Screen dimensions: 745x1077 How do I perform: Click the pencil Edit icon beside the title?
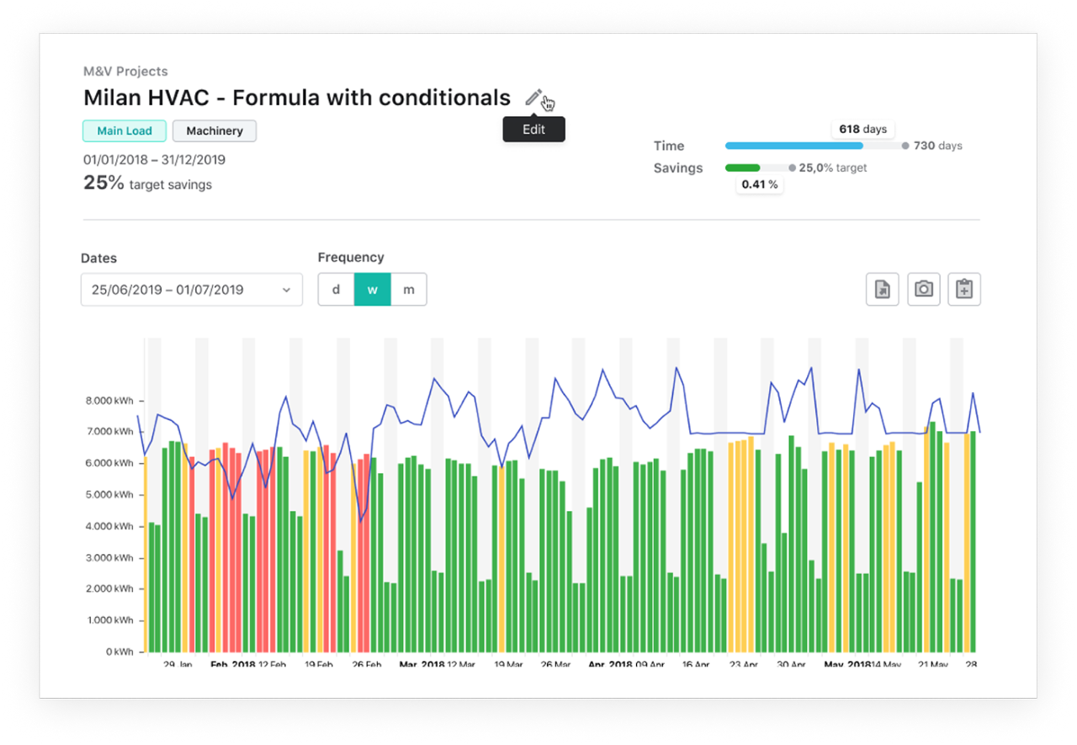[x=533, y=98]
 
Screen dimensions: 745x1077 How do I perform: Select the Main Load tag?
[x=125, y=130]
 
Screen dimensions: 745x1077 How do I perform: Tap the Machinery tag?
[x=215, y=130]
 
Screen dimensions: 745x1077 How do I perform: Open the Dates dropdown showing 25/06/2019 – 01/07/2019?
[x=192, y=290]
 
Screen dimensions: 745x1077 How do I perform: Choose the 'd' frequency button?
[x=336, y=290]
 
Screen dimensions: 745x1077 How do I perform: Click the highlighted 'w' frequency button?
[x=372, y=290]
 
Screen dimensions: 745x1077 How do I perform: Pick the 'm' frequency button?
[x=409, y=290]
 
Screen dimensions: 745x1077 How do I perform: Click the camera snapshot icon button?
[x=923, y=290]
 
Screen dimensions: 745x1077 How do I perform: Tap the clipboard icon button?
[x=964, y=290]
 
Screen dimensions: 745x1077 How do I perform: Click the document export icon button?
[x=883, y=290]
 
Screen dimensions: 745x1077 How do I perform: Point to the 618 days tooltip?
[x=863, y=129]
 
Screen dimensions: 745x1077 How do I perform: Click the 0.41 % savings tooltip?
[x=760, y=184]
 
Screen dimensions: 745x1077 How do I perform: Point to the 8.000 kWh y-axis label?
[x=109, y=401]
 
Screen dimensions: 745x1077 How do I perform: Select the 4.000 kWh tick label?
[x=109, y=527]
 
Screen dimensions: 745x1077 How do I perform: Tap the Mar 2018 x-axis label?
[x=422, y=665]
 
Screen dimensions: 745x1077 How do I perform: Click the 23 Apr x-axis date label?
[x=743, y=665]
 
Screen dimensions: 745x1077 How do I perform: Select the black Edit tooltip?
[x=533, y=129]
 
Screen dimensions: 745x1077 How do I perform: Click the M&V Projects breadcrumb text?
[x=125, y=72]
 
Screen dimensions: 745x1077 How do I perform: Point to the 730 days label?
[x=937, y=146]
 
